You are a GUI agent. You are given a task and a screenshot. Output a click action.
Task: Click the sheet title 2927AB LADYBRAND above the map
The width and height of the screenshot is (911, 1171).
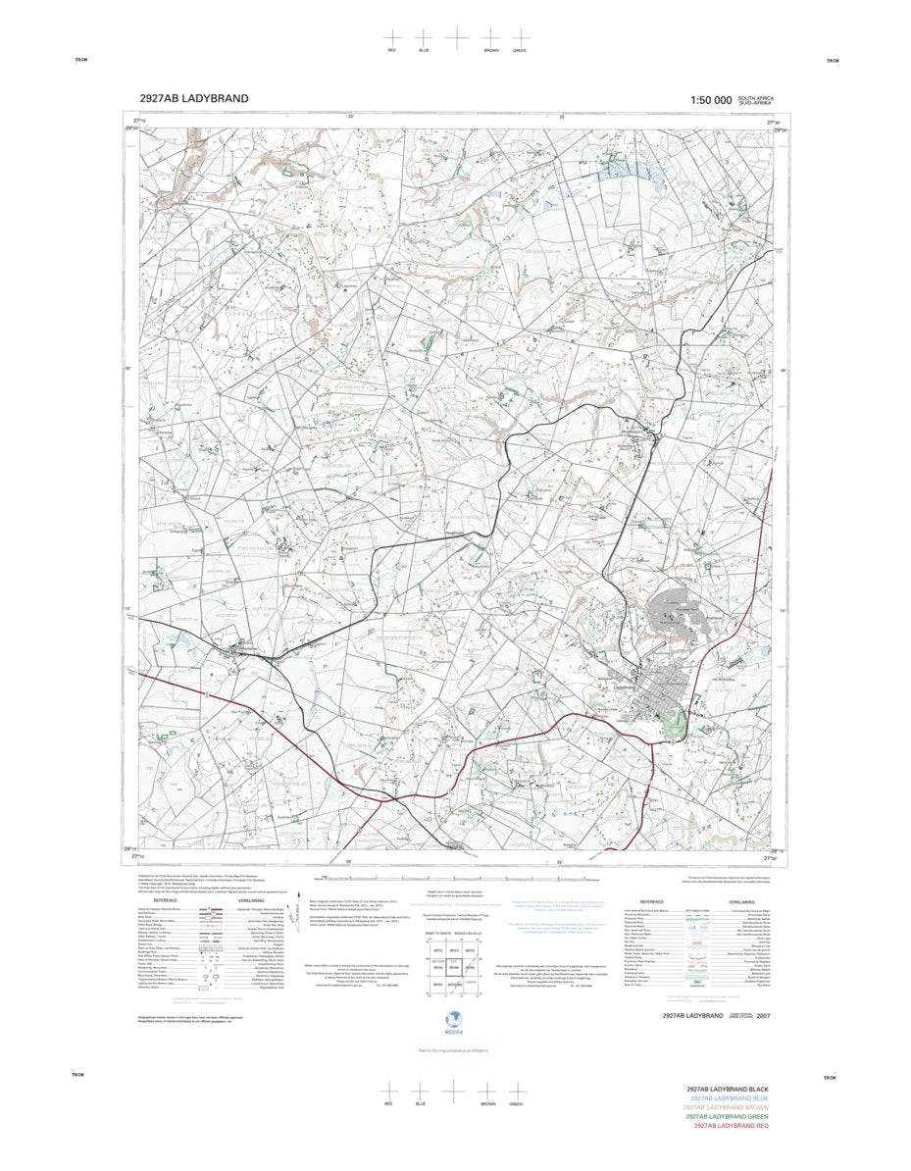194,98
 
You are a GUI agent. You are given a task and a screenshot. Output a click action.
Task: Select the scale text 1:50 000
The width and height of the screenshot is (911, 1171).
711,100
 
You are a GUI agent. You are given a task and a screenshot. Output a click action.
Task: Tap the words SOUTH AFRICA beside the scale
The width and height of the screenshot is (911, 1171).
756,97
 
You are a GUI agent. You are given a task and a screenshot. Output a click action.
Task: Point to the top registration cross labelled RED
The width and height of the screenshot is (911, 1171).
392,36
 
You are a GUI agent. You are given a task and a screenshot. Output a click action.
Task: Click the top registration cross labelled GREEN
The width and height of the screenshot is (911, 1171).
520,36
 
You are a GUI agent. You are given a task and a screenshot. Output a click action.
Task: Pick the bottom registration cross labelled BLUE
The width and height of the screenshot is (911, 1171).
421,1090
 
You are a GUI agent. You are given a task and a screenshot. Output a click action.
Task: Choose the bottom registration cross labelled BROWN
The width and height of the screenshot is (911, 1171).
487,1090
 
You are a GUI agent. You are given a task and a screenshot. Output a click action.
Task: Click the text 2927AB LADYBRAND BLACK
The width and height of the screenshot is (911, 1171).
728,1091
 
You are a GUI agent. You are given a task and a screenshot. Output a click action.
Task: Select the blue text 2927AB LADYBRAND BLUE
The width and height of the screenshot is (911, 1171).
729,1099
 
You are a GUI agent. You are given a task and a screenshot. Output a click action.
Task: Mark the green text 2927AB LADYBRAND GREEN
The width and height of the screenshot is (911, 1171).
727,1116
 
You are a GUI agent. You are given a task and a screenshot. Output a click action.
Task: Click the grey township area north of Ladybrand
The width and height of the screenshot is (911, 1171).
677,619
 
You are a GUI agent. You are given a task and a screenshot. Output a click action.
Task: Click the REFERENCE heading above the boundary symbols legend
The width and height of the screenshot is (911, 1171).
652,900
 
